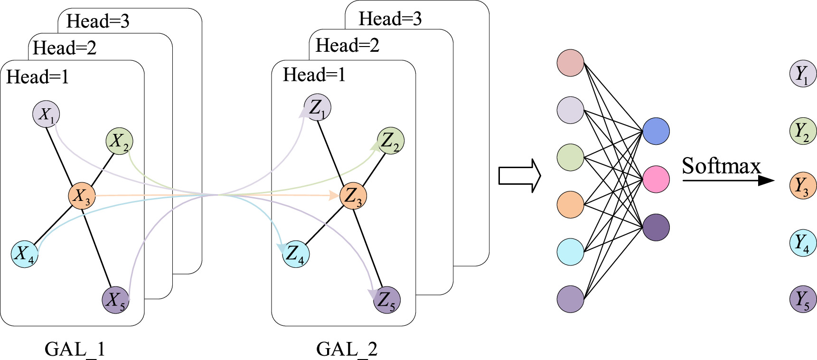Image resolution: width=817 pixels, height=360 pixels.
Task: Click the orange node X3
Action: click(82, 196)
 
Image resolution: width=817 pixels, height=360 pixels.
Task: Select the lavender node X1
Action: click(46, 114)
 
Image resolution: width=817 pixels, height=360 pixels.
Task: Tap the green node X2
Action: click(119, 141)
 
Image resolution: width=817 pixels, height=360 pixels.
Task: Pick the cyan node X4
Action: click(25, 254)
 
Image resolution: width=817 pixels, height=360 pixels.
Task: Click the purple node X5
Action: click(115, 300)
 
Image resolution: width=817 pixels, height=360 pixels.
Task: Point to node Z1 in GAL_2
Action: click(317, 107)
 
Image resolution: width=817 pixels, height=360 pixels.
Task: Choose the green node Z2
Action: click(390, 141)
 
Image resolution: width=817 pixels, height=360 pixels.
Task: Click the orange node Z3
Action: click(353, 196)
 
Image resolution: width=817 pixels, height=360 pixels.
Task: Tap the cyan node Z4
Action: click(295, 254)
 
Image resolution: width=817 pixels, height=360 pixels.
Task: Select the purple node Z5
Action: click(386, 300)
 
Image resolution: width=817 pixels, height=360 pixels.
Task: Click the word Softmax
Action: click(721, 166)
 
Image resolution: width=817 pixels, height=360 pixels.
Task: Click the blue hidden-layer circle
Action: click(656, 132)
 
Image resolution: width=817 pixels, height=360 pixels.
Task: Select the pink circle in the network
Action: click(656, 179)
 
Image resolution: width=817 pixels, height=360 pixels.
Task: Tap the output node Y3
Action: click(803, 185)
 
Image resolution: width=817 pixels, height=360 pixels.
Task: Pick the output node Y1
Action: click(803, 74)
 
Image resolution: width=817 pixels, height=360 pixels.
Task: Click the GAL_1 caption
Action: click(75, 350)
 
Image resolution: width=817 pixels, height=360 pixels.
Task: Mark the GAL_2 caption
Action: click(347, 350)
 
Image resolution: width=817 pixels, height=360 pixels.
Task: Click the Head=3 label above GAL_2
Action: click(390, 19)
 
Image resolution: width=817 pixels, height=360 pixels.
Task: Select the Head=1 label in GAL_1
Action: click(38, 77)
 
